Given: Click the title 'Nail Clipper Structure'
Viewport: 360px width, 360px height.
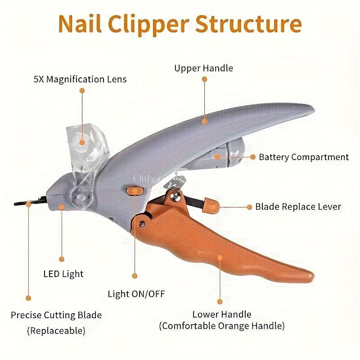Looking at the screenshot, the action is click(x=180, y=24).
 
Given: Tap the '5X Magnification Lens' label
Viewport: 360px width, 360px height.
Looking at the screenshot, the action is click(x=80, y=79).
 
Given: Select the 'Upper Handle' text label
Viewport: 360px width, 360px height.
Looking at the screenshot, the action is click(x=204, y=68).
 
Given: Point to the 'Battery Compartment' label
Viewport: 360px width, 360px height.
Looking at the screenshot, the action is click(x=304, y=157).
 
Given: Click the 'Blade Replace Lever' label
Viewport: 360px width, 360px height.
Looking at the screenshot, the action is click(x=298, y=207).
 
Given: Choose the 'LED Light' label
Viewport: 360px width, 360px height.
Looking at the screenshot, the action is click(x=63, y=274).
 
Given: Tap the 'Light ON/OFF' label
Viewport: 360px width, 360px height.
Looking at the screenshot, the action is click(x=136, y=294).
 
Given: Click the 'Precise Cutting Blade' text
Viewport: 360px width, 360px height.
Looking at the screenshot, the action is click(x=56, y=315).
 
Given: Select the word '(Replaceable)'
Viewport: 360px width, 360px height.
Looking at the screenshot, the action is click(x=56, y=331).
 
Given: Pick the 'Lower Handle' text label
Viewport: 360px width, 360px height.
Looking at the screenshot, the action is click(x=222, y=314).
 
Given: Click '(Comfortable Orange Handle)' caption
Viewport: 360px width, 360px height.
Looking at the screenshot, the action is click(x=222, y=326).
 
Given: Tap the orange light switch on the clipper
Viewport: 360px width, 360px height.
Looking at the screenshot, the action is click(x=135, y=191).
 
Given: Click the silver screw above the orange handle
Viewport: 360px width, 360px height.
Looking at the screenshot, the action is click(x=175, y=197).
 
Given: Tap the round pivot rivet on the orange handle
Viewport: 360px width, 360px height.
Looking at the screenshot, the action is click(x=142, y=224).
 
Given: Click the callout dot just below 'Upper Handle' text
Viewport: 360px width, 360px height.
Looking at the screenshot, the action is click(x=204, y=79).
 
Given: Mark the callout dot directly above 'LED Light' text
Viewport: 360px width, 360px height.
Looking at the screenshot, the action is click(x=62, y=259).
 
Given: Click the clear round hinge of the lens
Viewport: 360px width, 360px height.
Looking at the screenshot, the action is click(x=81, y=197).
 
